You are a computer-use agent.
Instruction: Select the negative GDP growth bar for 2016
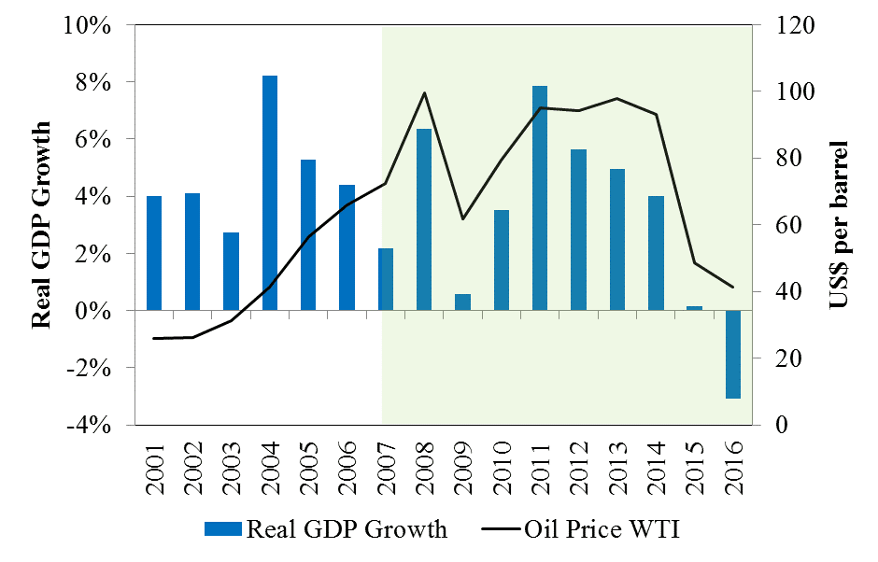(x=733, y=354)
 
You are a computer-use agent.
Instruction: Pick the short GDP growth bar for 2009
(x=462, y=302)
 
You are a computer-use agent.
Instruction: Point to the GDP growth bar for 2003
(x=231, y=271)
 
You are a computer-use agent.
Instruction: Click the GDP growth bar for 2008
(x=424, y=219)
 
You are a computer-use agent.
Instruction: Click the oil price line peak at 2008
(x=424, y=92)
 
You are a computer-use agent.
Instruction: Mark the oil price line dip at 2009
(x=462, y=219)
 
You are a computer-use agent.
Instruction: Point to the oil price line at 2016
(x=733, y=287)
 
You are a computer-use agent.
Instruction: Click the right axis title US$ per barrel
(x=838, y=225)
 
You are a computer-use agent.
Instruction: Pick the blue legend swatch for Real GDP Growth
(x=222, y=530)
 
